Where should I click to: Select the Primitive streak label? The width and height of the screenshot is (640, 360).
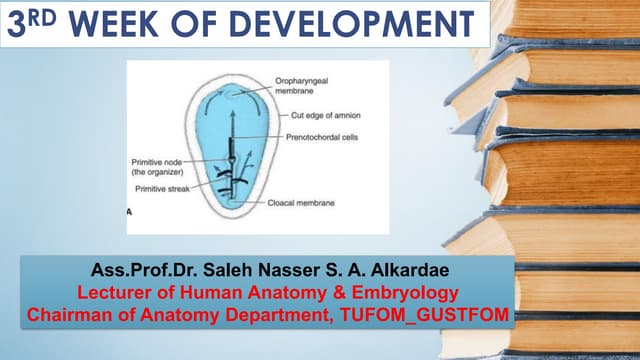164,187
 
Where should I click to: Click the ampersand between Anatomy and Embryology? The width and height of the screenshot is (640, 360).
336,292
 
